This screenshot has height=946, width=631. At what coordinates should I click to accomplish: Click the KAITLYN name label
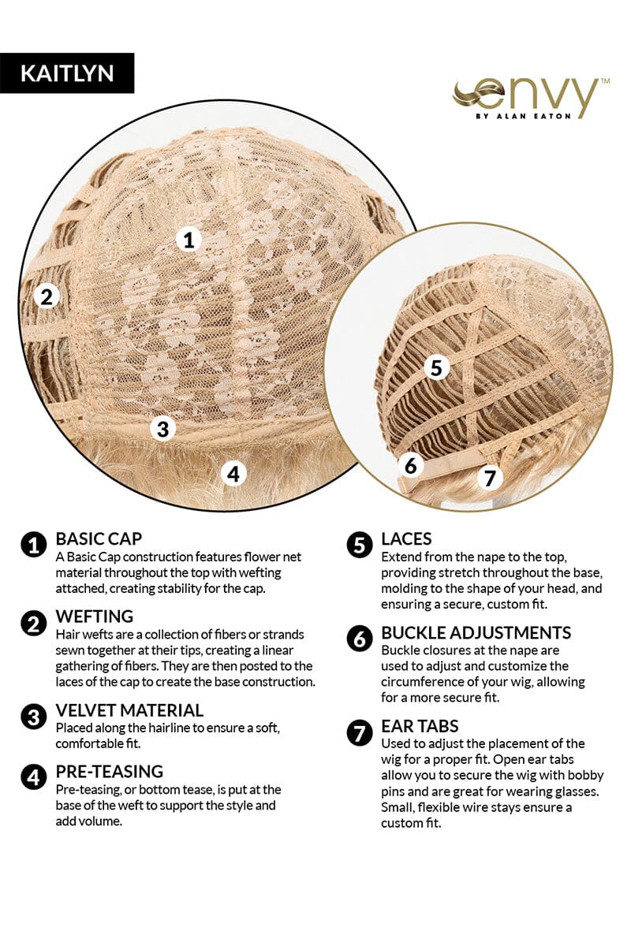point(67,73)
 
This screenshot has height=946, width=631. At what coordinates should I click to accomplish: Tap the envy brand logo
point(530,98)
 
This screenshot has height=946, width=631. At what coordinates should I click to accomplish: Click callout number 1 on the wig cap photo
point(189,240)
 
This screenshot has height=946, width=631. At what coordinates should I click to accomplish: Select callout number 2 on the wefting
point(47,296)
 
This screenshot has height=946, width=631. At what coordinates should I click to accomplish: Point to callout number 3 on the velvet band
point(163,429)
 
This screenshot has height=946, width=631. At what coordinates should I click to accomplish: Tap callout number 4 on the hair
point(233,474)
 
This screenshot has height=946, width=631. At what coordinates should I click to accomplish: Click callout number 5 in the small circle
point(436,367)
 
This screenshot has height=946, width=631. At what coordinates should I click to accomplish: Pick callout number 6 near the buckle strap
point(411,465)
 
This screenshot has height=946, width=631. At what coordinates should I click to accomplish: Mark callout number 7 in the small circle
point(490,478)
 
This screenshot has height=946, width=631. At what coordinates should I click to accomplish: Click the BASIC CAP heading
point(99,539)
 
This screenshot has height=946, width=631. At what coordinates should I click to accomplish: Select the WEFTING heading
point(95,616)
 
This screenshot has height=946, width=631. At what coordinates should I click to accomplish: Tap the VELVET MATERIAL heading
point(130,710)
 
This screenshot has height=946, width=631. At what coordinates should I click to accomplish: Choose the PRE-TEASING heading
point(110,772)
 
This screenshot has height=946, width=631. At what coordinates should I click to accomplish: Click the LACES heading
point(406,539)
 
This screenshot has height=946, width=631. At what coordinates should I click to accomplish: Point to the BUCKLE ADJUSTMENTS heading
point(476,632)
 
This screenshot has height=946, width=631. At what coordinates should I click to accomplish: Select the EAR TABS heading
point(420,726)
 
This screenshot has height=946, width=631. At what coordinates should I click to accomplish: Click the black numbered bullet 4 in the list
point(33,777)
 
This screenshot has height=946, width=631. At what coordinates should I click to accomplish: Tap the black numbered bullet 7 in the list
point(360,732)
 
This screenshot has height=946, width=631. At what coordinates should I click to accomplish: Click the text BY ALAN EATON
point(523,116)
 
